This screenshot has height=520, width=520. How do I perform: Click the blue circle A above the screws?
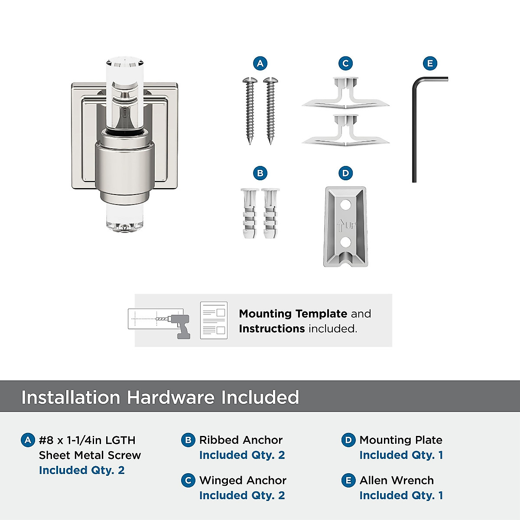pyautogui.click(x=260, y=63)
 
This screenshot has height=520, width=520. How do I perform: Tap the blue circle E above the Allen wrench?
pyautogui.click(x=430, y=63)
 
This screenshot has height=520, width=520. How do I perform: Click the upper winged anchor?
pyautogui.click(x=345, y=95)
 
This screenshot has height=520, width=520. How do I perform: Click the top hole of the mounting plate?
pyautogui.click(x=345, y=204)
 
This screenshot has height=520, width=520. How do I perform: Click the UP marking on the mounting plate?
pyautogui.click(x=345, y=225)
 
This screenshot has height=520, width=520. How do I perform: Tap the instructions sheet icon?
pyautogui.click(x=214, y=320)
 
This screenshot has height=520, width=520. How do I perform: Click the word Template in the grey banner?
pyautogui.click(x=321, y=314)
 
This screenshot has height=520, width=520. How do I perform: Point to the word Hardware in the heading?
pyautogui.click(x=171, y=397)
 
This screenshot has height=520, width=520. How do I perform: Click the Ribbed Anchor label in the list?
pyautogui.click(x=241, y=440)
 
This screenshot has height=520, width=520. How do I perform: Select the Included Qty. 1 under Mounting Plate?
pyautogui.click(x=401, y=455)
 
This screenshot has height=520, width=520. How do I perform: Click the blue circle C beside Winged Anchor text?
pyautogui.click(x=188, y=481)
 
